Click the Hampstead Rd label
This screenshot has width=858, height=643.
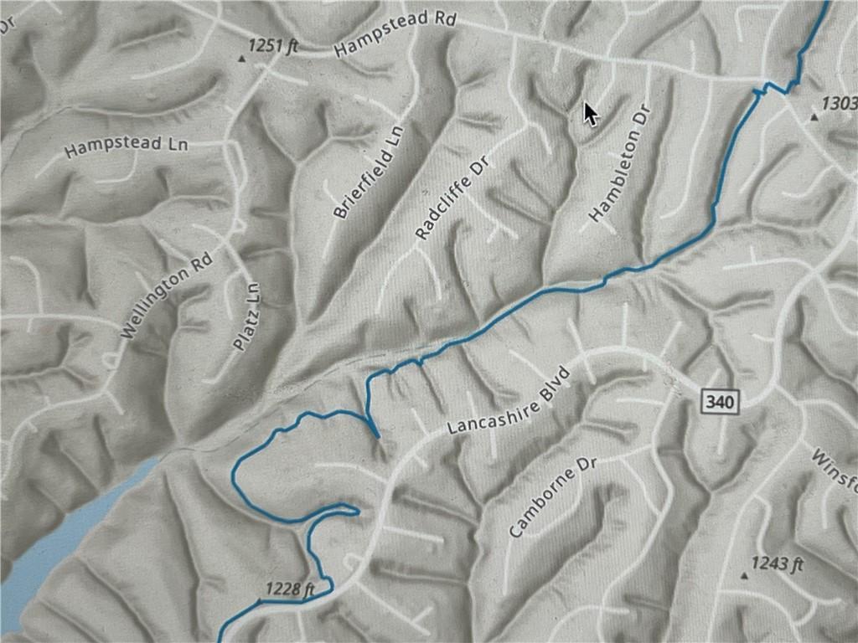pos(393,34)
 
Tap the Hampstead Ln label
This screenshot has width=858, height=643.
pos(126,147)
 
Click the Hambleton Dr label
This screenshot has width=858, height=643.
pos(620,164)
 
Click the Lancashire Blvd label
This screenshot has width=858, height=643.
pos(509,399)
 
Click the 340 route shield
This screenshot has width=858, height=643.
pos(720,403)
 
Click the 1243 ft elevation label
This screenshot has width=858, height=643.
pos(777,563)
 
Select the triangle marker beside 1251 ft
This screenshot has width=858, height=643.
pos(243,59)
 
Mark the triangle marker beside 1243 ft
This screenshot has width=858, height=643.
pos(744,576)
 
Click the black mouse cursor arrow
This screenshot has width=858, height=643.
pos(591,112)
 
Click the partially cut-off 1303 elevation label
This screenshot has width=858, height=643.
pos(840,103)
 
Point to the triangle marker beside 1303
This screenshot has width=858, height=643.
pos(813,118)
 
